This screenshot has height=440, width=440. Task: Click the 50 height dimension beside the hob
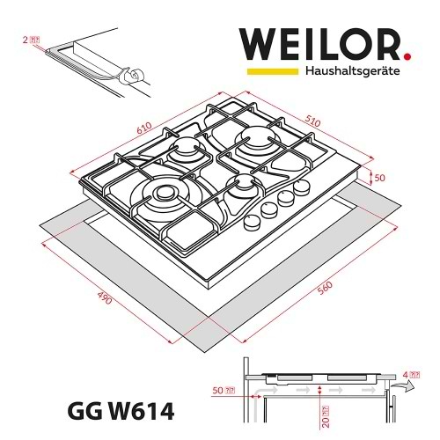point(381,178)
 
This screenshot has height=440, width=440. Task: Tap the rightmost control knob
point(303,187)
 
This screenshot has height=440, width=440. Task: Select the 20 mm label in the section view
point(325,411)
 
